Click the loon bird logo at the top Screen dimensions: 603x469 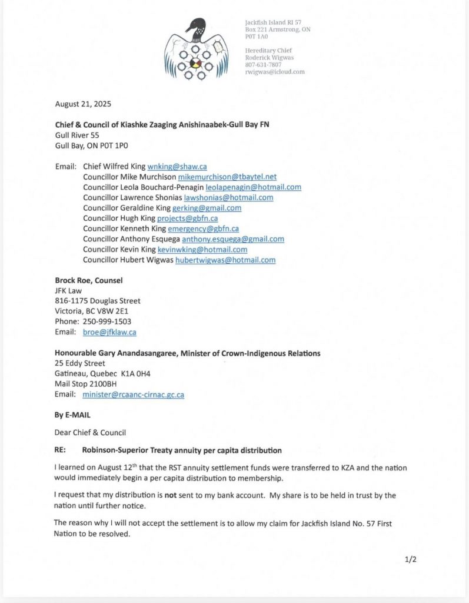197,49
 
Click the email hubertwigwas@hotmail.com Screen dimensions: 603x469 225,260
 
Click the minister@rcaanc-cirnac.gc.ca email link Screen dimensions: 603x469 133,395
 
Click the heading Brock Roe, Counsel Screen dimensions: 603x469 88,280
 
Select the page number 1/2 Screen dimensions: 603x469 411,559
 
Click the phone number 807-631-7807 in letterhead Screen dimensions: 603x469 263,65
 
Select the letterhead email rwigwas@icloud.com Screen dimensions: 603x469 275,72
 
